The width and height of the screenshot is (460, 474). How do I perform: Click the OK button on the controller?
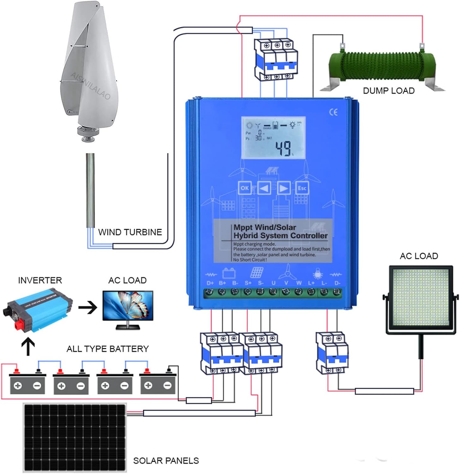245,188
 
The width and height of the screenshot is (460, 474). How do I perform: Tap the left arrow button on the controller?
264,188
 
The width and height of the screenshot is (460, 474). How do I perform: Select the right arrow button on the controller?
284,188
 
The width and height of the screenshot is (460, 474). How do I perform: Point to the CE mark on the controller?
333,112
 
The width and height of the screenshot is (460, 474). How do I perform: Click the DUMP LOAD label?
388,91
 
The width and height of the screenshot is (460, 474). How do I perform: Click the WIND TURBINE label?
130,232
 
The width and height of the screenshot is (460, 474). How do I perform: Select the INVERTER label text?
40,280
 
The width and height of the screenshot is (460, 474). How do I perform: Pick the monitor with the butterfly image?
128,308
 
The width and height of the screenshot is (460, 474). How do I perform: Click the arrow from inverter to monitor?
87,307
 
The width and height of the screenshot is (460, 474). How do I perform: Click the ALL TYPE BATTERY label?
107,349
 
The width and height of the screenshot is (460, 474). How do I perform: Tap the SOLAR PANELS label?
166,461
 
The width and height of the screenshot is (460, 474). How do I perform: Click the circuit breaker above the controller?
276,60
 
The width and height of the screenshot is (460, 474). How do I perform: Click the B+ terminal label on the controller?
222,283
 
